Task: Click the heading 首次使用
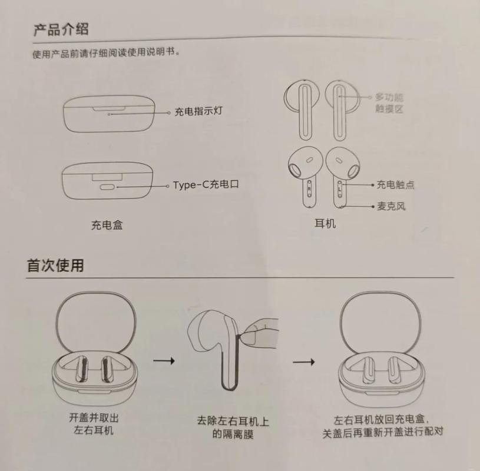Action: pyautogui.click(x=55, y=266)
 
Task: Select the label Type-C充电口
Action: pyautogui.click(x=206, y=185)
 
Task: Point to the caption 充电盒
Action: pyautogui.click(x=107, y=225)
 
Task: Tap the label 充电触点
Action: pyautogui.click(x=396, y=184)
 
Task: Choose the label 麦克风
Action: pyautogui.click(x=391, y=206)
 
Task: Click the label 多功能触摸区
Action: pyautogui.click(x=390, y=102)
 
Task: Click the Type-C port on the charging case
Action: pyautogui.click(x=108, y=186)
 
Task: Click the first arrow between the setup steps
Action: pyautogui.click(x=163, y=360)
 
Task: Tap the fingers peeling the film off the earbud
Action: pyautogui.click(x=261, y=327)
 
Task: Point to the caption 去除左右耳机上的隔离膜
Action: pyautogui.click(x=233, y=428)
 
